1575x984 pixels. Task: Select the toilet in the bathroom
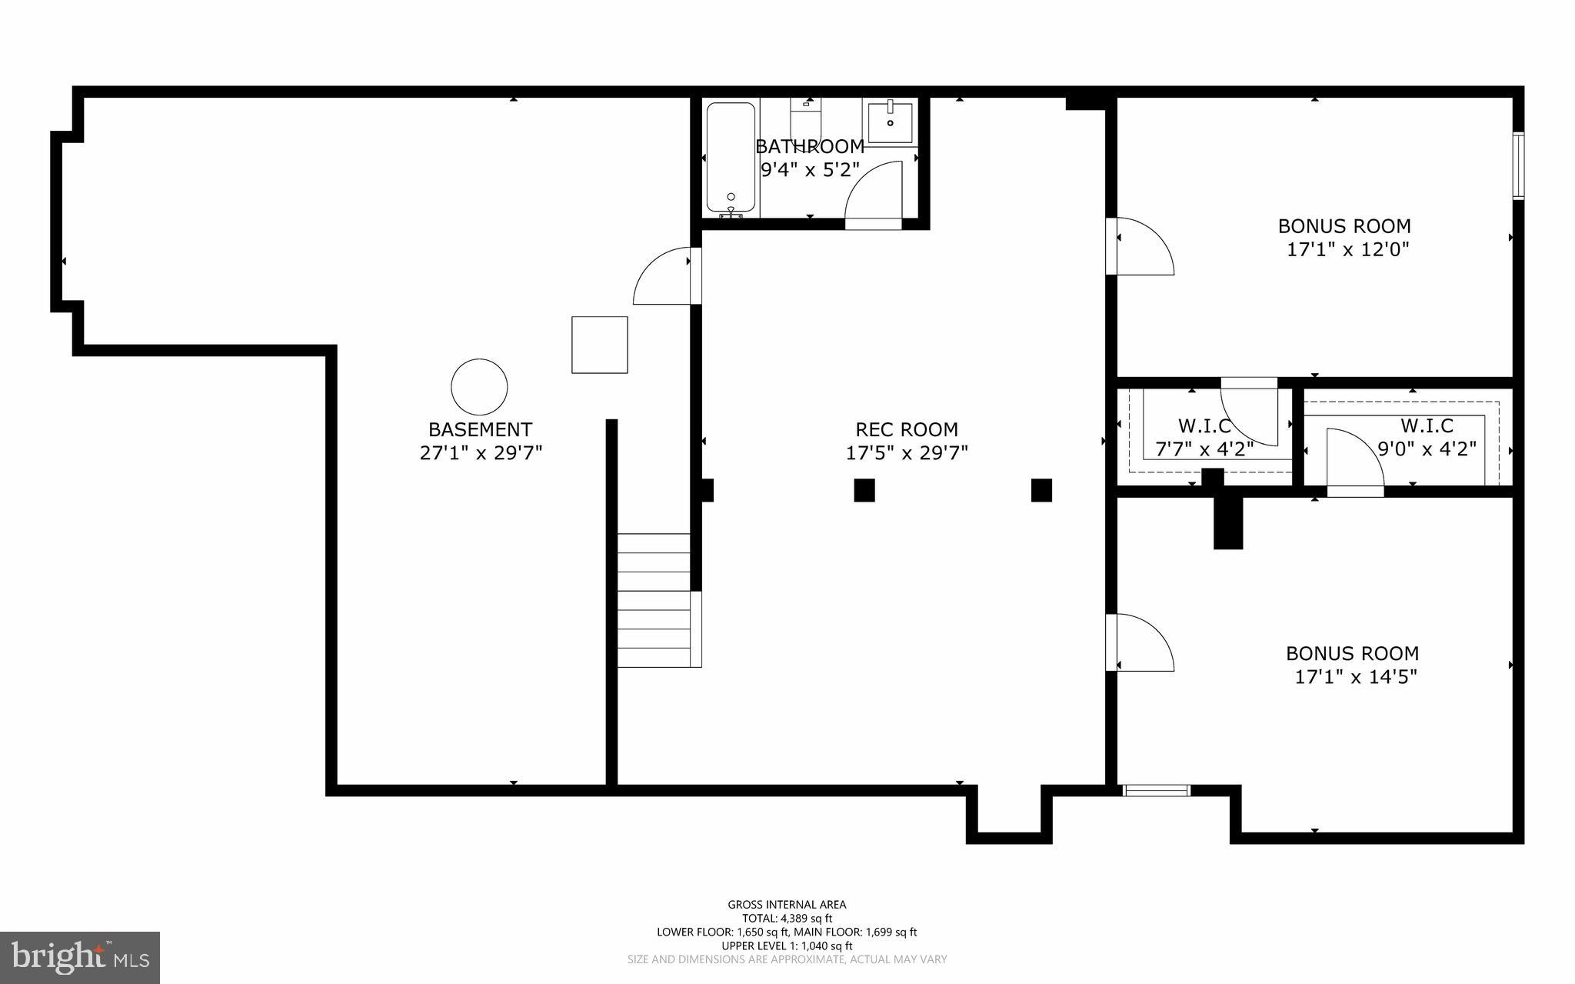806,123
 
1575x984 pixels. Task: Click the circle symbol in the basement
479,387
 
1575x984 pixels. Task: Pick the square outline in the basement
599,345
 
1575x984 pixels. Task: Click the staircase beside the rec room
655,600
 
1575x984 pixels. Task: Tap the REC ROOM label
907,429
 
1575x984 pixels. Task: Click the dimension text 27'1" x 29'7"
481,453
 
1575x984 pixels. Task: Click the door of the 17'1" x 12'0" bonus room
1142,246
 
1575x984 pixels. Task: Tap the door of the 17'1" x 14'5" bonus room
1142,642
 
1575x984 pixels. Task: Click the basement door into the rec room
663,275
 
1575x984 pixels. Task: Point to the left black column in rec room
864,490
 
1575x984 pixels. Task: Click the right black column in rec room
1041,490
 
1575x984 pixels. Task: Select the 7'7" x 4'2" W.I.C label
1204,425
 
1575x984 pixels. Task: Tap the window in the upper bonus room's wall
1518,166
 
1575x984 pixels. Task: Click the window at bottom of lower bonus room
1156,790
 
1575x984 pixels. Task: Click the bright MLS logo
80,957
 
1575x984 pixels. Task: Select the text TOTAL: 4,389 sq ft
787,918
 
